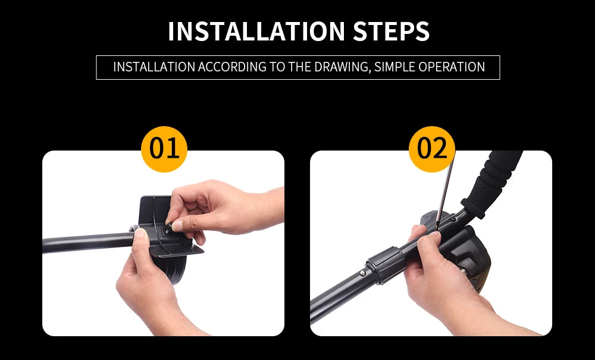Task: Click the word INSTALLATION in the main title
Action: (256, 31)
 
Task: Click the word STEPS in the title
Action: (392, 31)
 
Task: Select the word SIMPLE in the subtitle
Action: (394, 67)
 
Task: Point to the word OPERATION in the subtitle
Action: (452, 67)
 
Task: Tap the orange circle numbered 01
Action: (164, 149)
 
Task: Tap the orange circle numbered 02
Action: (432, 149)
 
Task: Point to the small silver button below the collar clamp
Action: (363, 273)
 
